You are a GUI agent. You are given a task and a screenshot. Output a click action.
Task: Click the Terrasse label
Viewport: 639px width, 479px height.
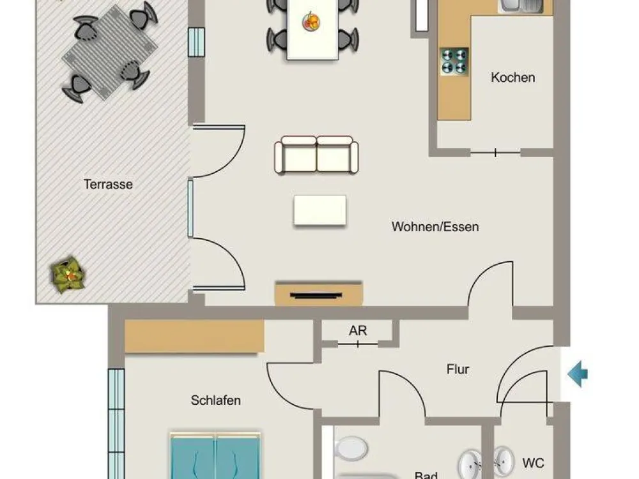pyautogui.click(x=108, y=185)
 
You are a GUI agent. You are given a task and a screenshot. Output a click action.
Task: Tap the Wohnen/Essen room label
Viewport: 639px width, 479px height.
pyautogui.click(x=435, y=227)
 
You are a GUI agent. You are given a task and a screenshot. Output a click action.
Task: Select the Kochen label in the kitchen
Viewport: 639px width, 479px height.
pyautogui.click(x=512, y=77)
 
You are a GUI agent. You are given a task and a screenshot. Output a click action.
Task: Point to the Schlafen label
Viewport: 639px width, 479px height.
pyautogui.click(x=215, y=400)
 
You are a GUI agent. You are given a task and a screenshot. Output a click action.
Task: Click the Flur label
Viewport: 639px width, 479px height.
pyautogui.click(x=458, y=369)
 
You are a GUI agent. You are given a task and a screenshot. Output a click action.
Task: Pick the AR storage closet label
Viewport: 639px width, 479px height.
pyautogui.click(x=358, y=331)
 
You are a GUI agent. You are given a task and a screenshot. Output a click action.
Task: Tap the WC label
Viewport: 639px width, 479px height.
pyautogui.click(x=533, y=463)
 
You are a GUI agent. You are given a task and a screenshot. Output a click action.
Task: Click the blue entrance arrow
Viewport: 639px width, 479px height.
pyautogui.click(x=578, y=374)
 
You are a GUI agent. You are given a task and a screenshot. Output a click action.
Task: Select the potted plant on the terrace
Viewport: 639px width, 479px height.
pyautogui.click(x=68, y=275)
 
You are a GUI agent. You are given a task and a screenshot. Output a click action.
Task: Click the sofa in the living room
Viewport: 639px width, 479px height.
pyautogui.click(x=316, y=155)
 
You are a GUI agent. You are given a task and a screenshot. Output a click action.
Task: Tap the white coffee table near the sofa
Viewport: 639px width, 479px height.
pyautogui.click(x=320, y=210)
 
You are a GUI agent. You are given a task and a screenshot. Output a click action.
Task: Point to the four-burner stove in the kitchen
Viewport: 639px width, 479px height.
pyautogui.click(x=454, y=61)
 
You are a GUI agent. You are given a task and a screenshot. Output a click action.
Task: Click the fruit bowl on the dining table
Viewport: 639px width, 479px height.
pyautogui.click(x=311, y=21)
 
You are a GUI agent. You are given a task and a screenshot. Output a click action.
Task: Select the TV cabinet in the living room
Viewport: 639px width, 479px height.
pyautogui.click(x=318, y=293)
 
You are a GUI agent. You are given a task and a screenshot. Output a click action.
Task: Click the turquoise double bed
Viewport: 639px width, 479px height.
pyautogui.click(x=215, y=456)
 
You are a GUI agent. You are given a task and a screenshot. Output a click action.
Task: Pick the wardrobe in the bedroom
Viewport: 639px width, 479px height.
pyautogui.click(x=194, y=337)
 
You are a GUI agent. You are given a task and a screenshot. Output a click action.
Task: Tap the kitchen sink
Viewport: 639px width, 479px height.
pyautogui.click(x=520, y=6)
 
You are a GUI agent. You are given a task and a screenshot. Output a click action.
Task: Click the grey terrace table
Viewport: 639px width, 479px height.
pyautogui.click(x=110, y=52)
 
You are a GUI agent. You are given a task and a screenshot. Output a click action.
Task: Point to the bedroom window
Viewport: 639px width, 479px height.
pyautogui.click(x=116, y=423)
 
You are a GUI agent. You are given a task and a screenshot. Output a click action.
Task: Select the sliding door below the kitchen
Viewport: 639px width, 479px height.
pyautogui.click(x=496, y=153)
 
